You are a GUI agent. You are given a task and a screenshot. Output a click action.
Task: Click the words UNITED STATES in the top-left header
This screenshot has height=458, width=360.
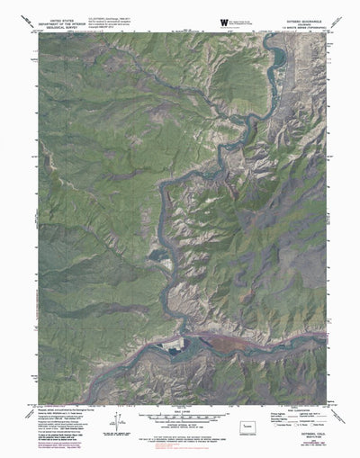pyautogui.click(x=75, y=17)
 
